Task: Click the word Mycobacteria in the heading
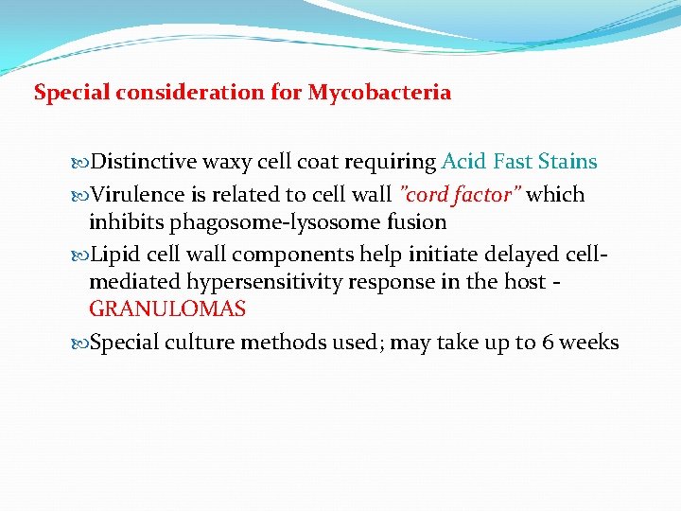click(x=379, y=94)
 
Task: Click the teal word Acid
click(x=462, y=162)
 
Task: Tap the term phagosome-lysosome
click(x=275, y=222)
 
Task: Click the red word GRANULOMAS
click(x=167, y=309)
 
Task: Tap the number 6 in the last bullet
click(x=549, y=343)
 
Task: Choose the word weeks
click(x=591, y=343)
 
